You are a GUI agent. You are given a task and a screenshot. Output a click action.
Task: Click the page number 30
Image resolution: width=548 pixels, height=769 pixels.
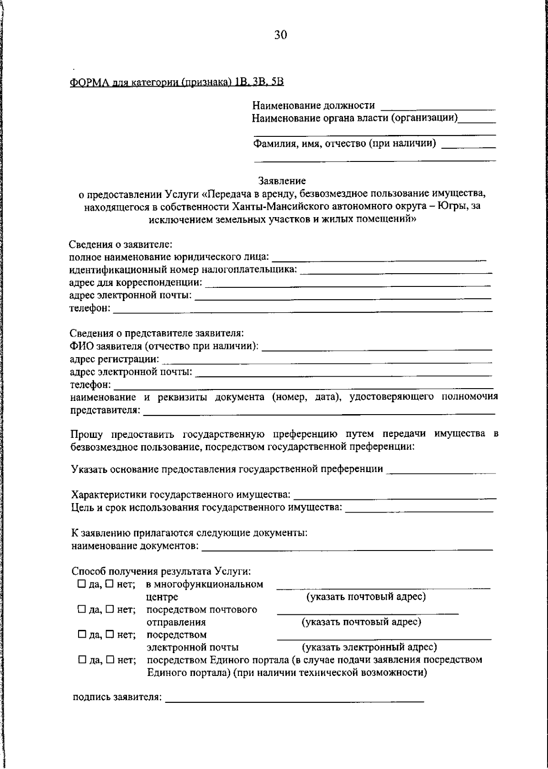(280, 35)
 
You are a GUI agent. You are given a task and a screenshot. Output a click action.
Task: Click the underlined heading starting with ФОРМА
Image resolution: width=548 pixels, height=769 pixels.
(177, 82)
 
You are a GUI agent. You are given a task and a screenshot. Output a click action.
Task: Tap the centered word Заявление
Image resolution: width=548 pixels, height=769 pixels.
(282, 181)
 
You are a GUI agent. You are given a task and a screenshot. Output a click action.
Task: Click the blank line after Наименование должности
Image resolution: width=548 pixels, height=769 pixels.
(438, 108)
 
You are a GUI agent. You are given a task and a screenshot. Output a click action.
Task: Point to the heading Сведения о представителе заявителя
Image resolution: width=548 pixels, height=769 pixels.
(157, 333)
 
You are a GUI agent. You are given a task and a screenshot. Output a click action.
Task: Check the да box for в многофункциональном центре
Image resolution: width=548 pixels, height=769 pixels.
(81, 584)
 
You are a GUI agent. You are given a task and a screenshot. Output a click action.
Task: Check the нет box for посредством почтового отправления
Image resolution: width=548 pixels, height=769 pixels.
(110, 609)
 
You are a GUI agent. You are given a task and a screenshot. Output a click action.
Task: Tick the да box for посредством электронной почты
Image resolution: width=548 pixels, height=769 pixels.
(81, 634)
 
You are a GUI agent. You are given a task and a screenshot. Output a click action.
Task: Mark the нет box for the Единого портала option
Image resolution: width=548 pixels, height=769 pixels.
(110, 660)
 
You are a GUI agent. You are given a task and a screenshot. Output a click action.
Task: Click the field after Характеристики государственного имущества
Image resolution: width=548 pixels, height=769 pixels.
(395, 495)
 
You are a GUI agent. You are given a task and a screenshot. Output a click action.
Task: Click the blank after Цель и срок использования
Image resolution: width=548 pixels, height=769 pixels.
(419, 509)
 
